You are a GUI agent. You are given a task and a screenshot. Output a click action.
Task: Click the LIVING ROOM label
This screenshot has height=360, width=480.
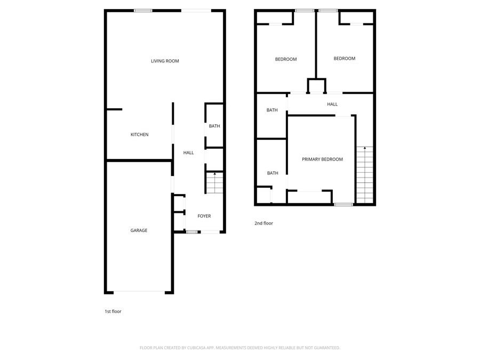click(x=165, y=61)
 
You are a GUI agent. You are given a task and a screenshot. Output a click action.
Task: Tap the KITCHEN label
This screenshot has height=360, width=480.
click(x=140, y=134)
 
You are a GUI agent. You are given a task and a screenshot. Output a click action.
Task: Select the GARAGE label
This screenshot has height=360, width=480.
click(x=139, y=230)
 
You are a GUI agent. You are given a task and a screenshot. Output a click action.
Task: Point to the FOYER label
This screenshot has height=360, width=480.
click(x=204, y=216)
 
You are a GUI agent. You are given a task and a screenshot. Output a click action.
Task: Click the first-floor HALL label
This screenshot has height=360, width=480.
click(x=188, y=153)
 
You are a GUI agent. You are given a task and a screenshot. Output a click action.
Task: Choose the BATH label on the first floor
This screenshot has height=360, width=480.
click(x=214, y=126)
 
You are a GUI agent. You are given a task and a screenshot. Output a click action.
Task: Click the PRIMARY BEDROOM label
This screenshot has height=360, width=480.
click(x=322, y=159)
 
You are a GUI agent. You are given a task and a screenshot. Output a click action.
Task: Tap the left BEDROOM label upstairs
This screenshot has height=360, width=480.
click(x=286, y=59)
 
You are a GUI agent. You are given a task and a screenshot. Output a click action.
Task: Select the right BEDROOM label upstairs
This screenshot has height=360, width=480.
click(x=344, y=58)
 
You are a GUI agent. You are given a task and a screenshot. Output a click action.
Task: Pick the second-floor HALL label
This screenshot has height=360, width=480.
click(x=332, y=104)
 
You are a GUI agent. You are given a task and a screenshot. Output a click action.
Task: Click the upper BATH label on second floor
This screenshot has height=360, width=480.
click(x=272, y=110)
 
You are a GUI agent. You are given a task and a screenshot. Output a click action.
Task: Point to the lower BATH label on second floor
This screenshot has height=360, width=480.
click(x=273, y=173)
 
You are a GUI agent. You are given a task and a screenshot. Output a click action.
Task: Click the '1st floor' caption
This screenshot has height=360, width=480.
click(x=113, y=311)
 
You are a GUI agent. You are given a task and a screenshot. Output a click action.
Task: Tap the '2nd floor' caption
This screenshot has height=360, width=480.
click(x=263, y=223)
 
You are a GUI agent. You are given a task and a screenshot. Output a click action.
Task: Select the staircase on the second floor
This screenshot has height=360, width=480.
click(x=365, y=175)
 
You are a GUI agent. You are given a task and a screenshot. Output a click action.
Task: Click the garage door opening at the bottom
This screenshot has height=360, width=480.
click(x=139, y=292)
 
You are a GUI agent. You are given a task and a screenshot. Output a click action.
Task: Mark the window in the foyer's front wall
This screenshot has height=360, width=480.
click(x=191, y=231)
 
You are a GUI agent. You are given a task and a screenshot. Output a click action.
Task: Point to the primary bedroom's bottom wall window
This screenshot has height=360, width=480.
click(x=343, y=204)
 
